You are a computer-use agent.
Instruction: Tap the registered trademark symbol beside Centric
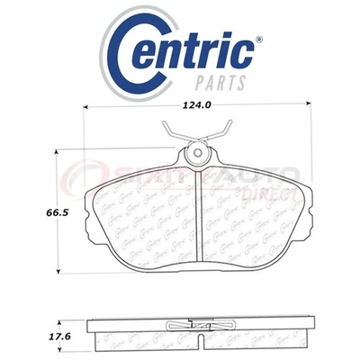click(x=257, y=40)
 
